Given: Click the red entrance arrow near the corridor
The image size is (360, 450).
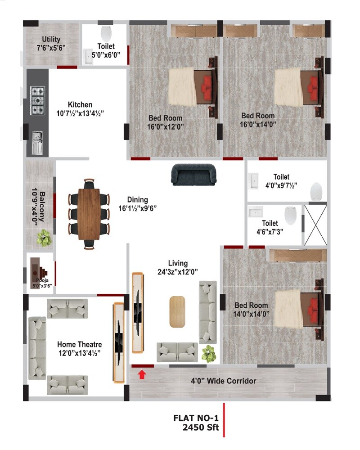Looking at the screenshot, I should coord(142,374).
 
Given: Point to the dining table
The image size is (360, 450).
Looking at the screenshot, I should coord(89,214).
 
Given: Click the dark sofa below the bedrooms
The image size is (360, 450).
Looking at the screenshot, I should coord(193,175).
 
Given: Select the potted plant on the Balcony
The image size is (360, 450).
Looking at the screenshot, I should coord(44,238).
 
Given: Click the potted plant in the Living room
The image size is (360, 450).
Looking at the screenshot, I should coord(208,354).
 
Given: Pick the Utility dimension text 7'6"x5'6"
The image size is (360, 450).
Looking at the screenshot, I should coord(51,47).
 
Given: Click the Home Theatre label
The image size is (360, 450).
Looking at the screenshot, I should coord(79,344).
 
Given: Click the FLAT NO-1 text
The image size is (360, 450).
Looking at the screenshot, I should coord(196,418).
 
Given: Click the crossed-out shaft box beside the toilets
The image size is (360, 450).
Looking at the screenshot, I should coord(315,225).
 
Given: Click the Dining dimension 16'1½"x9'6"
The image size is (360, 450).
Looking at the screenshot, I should coord(137,208).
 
